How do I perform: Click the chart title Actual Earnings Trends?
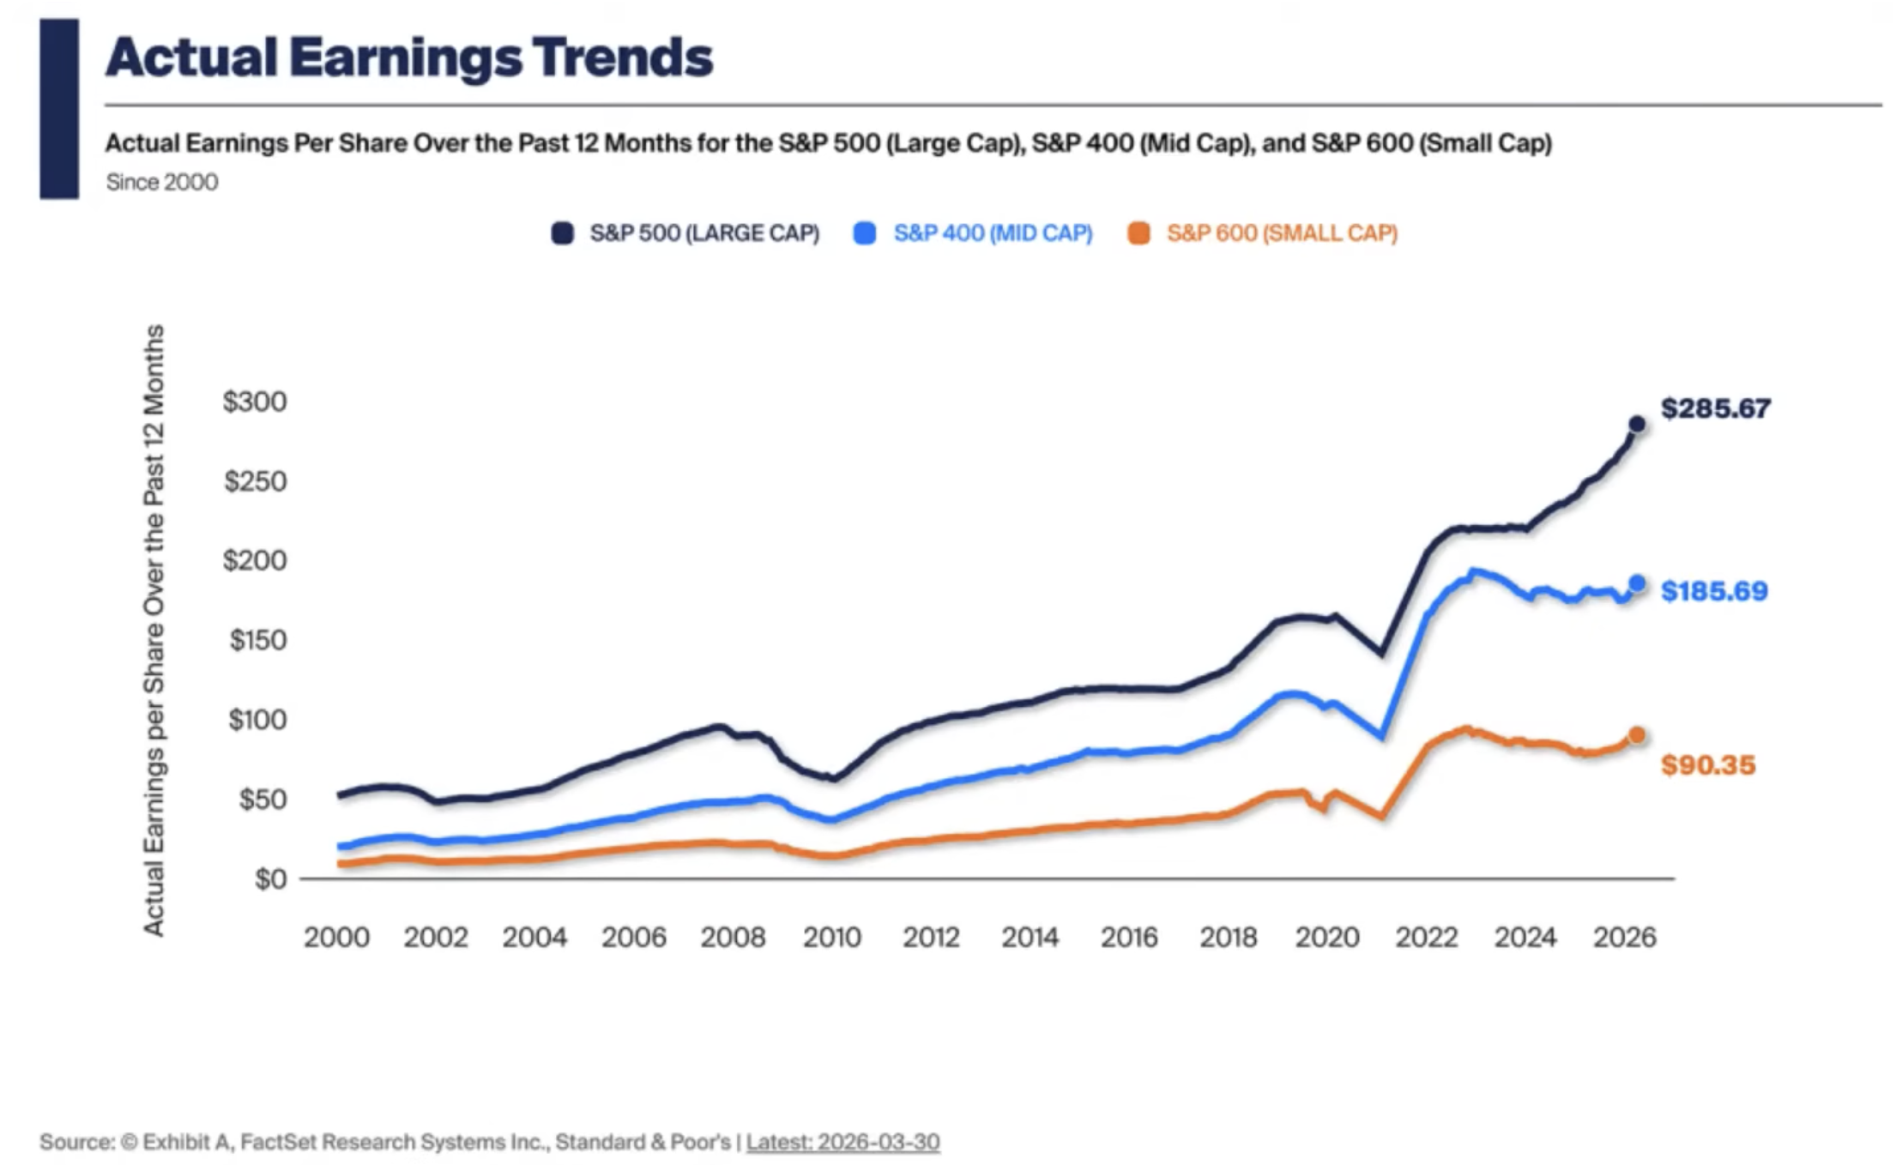[409, 57]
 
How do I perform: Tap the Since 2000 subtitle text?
[161, 182]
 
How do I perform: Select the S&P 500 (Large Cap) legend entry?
[685, 233]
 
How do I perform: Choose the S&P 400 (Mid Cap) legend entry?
[974, 233]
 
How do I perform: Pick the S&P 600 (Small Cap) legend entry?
[1263, 233]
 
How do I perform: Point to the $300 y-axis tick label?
[255, 401]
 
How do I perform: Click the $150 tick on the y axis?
[257, 640]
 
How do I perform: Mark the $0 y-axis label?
[270, 878]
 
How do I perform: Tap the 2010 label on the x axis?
[831, 937]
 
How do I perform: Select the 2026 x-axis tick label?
[1624, 937]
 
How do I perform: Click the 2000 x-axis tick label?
[336, 937]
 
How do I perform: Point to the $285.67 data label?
[1715, 408]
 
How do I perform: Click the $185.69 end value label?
[1714, 591]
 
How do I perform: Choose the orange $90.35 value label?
[1708, 764]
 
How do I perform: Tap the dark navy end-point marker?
[1636, 424]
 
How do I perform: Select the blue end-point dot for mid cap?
[1636, 583]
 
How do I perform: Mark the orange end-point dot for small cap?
[1636, 735]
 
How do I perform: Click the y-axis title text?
[154, 630]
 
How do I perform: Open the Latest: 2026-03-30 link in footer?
[842, 1142]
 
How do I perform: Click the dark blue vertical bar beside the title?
[59, 109]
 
